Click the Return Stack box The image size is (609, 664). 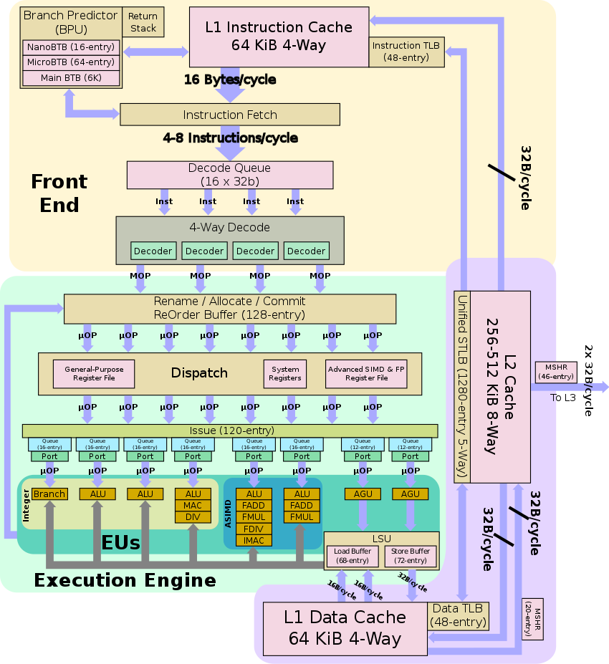click(x=143, y=21)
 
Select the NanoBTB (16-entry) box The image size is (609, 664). click(x=71, y=47)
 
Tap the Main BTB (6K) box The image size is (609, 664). click(x=71, y=77)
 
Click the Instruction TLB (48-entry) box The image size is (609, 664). click(x=406, y=52)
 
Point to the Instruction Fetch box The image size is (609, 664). click(x=229, y=115)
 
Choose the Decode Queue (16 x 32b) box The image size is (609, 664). click(x=229, y=175)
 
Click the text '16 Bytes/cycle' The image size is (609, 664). click(x=229, y=80)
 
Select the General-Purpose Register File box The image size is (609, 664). click(x=94, y=373)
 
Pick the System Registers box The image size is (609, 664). click(x=285, y=373)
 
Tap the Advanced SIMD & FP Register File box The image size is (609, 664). click(x=366, y=373)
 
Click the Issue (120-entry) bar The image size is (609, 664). click(x=230, y=430)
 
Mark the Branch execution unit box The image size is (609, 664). click(x=49, y=494)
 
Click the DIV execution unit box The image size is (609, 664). click(x=193, y=517)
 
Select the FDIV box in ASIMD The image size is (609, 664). click(x=254, y=529)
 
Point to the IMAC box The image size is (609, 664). click(x=254, y=540)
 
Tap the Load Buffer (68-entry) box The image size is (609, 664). click(x=352, y=556)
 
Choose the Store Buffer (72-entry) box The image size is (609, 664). click(x=411, y=556)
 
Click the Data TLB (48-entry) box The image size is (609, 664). click(x=459, y=615)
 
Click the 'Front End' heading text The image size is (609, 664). click(x=59, y=193)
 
